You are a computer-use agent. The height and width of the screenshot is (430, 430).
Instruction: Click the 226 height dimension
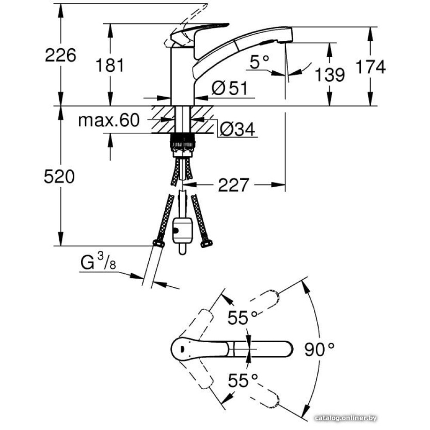click(x=61, y=55)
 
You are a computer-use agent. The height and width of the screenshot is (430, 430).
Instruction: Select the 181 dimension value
click(x=110, y=65)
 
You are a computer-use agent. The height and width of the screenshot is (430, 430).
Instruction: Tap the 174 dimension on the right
click(x=371, y=67)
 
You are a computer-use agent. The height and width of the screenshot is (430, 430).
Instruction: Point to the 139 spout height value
click(x=330, y=75)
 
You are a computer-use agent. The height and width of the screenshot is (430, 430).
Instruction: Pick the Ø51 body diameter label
click(x=230, y=89)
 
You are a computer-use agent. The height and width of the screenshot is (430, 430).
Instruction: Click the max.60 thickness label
click(x=109, y=121)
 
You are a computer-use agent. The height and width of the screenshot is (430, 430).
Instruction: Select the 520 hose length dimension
click(x=59, y=177)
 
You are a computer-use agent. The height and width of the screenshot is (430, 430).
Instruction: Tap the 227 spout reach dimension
click(x=233, y=185)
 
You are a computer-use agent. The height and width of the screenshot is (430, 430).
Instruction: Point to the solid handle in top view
click(x=232, y=347)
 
